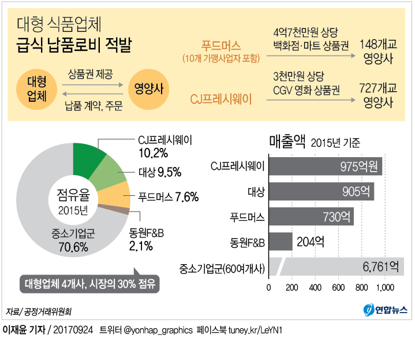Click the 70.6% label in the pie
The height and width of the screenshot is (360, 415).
click(73, 247)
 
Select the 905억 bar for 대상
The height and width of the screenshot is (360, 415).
click(321, 191)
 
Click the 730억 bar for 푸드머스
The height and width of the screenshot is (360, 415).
click(311, 217)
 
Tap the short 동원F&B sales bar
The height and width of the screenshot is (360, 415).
click(281, 242)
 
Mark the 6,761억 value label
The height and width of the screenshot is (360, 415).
click(380, 266)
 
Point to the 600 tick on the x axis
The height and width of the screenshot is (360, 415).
click(339, 287)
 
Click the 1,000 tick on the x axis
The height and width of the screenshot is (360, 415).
click(385, 287)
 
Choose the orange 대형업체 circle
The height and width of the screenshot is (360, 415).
click(37, 90)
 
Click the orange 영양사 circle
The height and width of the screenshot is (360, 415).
click(148, 90)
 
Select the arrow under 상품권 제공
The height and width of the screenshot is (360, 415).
click(94, 84)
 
